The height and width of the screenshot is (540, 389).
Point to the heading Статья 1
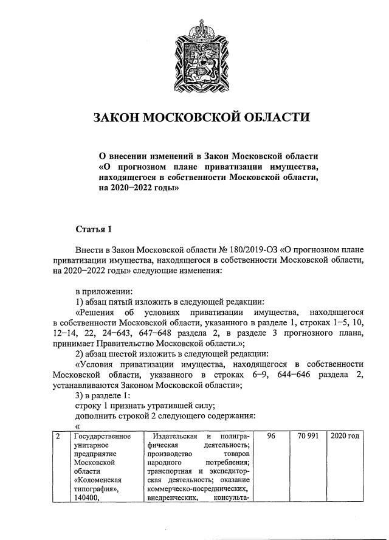tap(94, 229)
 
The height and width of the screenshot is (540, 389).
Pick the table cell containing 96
tap(271, 437)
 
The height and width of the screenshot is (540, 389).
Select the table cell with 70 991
tap(309, 437)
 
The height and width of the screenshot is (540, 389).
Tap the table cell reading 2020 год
tap(345, 437)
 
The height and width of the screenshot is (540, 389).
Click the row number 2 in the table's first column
tap(58, 437)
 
